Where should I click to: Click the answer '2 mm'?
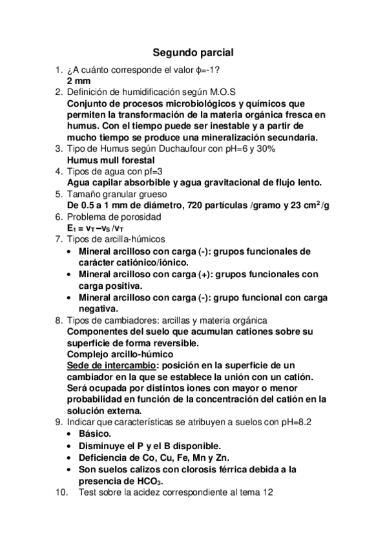click(x=79, y=81)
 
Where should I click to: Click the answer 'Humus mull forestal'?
click(x=110, y=160)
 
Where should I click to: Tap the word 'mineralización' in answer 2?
click(x=223, y=137)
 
